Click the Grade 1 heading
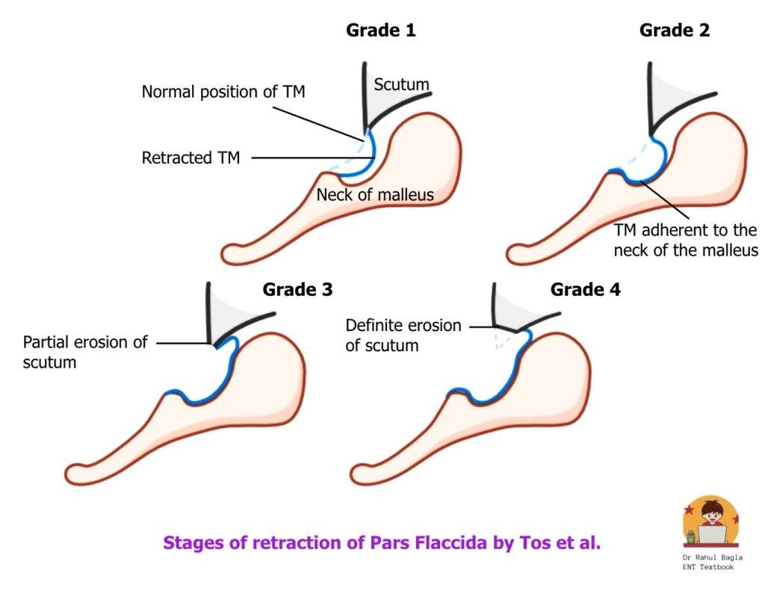pos(380,31)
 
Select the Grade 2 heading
pos(674,31)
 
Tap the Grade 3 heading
pos(297,290)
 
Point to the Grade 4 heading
pos(585,290)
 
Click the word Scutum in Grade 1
pos(402,85)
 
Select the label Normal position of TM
pos(223,93)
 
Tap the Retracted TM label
pos(191,158)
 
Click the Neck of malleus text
pos(375,196)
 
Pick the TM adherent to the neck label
pos(685,241)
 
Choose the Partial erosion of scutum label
pos(85,353)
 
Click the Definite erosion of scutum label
pos(403,335)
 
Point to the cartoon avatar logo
pos(710,522)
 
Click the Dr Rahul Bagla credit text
pos(713,562)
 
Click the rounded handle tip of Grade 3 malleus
pos(75,473)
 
